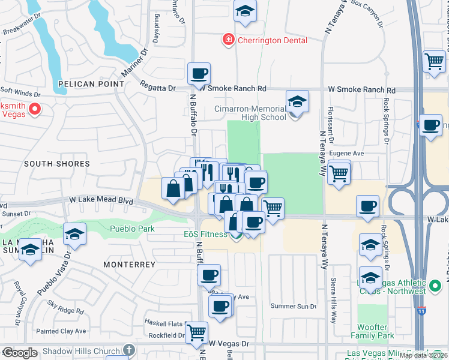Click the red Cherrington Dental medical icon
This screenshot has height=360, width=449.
228,40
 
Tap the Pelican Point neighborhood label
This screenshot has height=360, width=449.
82,85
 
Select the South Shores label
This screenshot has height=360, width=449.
57,164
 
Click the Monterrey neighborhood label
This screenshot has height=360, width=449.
129,265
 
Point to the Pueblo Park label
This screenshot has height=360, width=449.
132,229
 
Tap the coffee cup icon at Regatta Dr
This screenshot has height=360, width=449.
199,74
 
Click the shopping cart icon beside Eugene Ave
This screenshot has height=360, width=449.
339,173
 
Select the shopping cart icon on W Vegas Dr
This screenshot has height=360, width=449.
196,332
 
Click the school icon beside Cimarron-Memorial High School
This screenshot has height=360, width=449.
297,102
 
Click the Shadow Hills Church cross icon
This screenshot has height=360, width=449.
128,350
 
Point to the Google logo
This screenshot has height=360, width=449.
20,353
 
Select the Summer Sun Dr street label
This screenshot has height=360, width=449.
294,307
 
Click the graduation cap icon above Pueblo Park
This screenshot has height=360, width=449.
74,235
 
